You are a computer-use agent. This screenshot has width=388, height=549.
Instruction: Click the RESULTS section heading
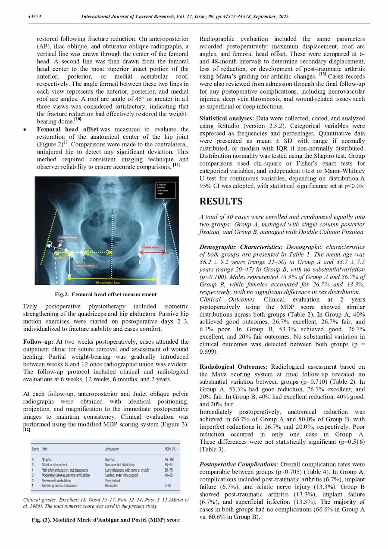[x=221, y=201]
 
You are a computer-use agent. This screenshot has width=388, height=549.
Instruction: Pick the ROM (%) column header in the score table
[x=170, y=449]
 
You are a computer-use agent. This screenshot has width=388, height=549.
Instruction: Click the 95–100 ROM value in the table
[x=169, y=460]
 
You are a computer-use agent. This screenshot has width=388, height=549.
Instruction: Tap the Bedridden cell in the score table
[x=113, y=486]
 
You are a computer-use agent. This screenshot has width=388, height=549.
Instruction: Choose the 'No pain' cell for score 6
[x=49, y=460]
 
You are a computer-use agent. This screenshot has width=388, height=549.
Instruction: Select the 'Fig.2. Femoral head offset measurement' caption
[x=105, y=295]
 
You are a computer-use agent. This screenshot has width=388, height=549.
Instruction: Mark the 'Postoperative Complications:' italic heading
[x=239, y=464]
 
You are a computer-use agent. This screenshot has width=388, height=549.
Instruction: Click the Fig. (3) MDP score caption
[x=105, y=520]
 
